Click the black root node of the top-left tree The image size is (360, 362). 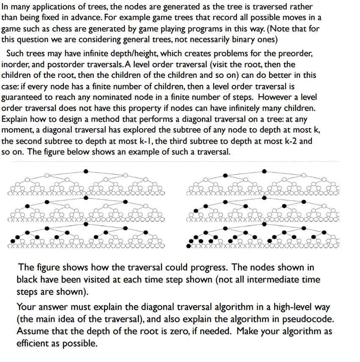(86, 171)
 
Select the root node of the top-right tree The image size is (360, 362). (265, 171)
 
